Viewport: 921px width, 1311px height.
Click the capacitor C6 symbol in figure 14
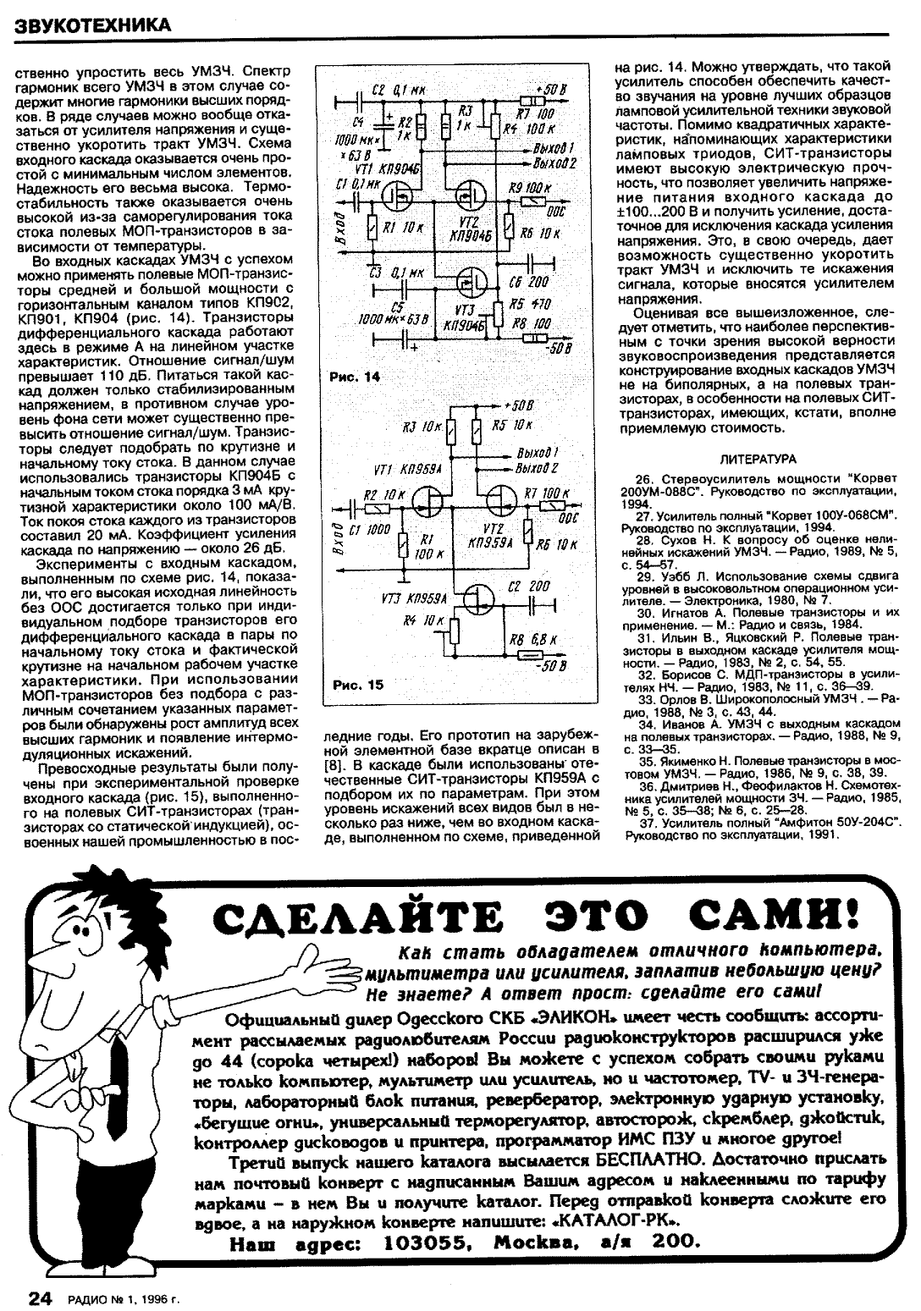536,262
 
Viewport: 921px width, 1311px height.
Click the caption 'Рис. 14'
355,378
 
